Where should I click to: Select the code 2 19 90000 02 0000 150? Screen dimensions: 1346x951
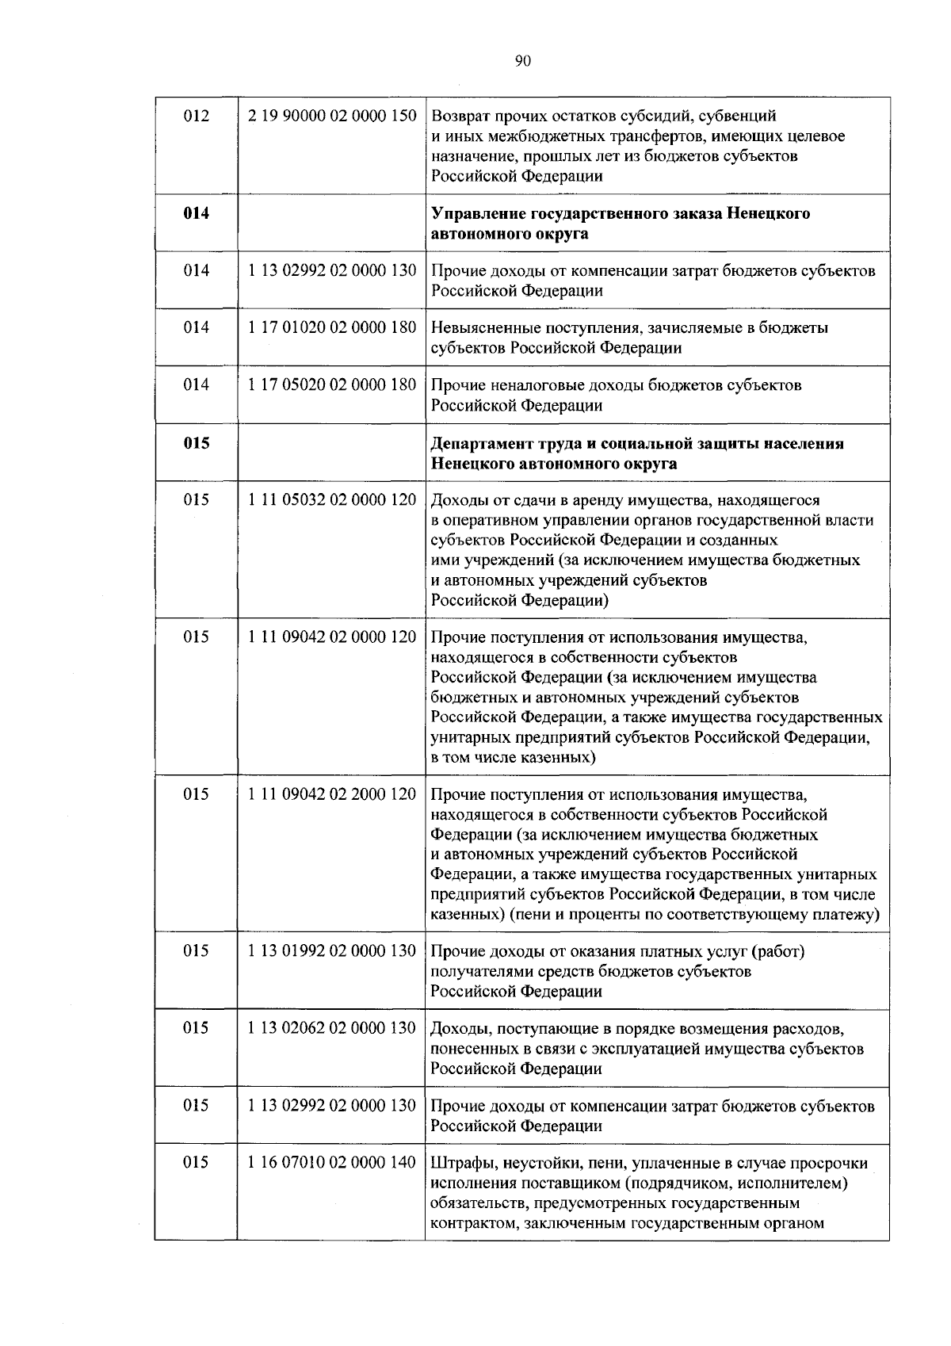tap(331, 116)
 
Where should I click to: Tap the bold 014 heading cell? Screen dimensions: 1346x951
tap(197, 213)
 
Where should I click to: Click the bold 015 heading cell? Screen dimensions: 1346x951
tap(197, 443)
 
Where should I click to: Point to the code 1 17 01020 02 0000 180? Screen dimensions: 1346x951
tap(331, 327)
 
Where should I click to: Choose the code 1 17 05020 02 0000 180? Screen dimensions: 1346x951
tap(331, 385)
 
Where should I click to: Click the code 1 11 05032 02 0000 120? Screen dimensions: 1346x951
tap(331, 500)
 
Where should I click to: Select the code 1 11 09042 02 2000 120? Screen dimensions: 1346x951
tap(331, 794)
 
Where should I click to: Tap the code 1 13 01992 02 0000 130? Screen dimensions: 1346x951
tap(331, 950)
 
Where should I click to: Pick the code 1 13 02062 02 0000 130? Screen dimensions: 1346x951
tap(331, 1028)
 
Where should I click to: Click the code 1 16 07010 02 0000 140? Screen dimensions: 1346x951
tap(331, 1163)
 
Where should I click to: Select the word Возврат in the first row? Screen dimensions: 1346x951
tap(462, 117)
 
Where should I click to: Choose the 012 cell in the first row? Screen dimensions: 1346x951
tap(197, 116)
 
